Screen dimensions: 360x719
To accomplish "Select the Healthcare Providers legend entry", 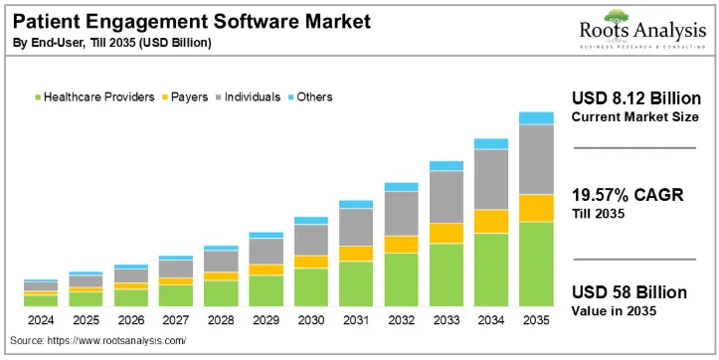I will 94,97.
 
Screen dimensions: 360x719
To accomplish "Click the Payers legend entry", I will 184,97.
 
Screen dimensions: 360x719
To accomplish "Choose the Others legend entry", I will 309,97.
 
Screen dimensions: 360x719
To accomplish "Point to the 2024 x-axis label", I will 41,321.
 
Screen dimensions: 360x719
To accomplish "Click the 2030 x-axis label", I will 311,321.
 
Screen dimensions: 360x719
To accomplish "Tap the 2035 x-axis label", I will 536,321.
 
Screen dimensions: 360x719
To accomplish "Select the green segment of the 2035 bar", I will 536,264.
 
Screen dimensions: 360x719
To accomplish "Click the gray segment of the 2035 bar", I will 536,159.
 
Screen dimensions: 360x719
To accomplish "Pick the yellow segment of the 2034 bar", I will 491,221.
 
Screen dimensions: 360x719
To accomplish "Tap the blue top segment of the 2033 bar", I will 447,165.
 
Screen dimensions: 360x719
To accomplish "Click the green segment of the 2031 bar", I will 356,283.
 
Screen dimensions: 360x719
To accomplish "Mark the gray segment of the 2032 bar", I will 401,213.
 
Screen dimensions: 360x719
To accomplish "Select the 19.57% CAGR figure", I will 628,195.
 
